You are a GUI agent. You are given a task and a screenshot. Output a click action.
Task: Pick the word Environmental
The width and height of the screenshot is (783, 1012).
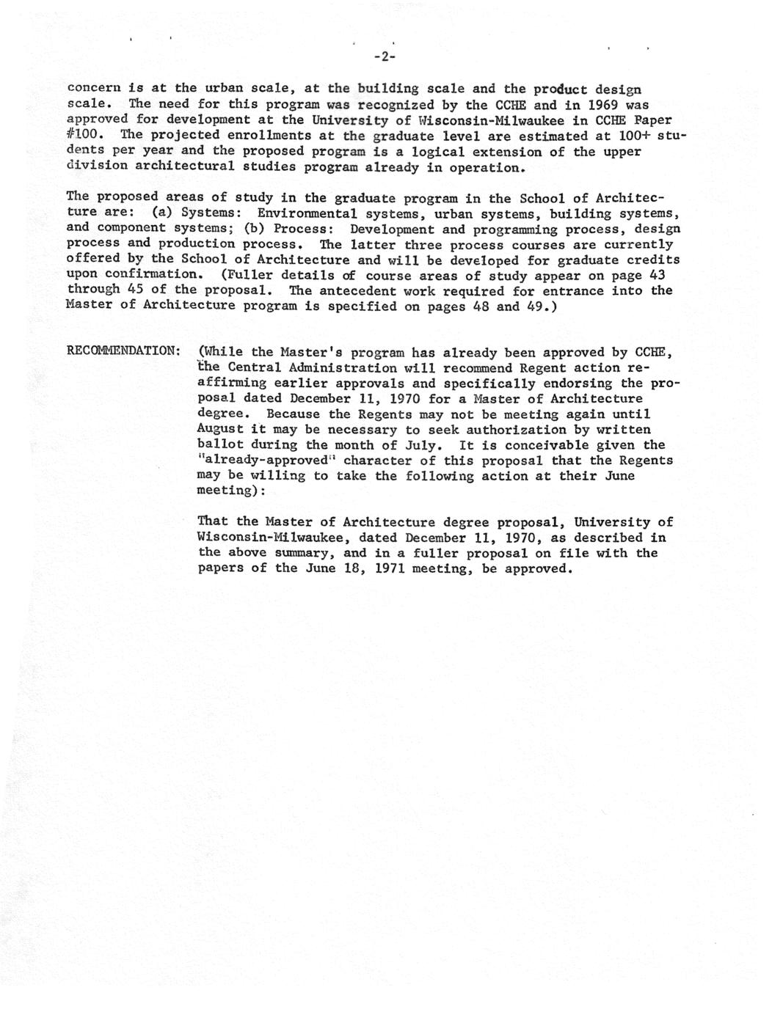(x=307, y=214)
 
